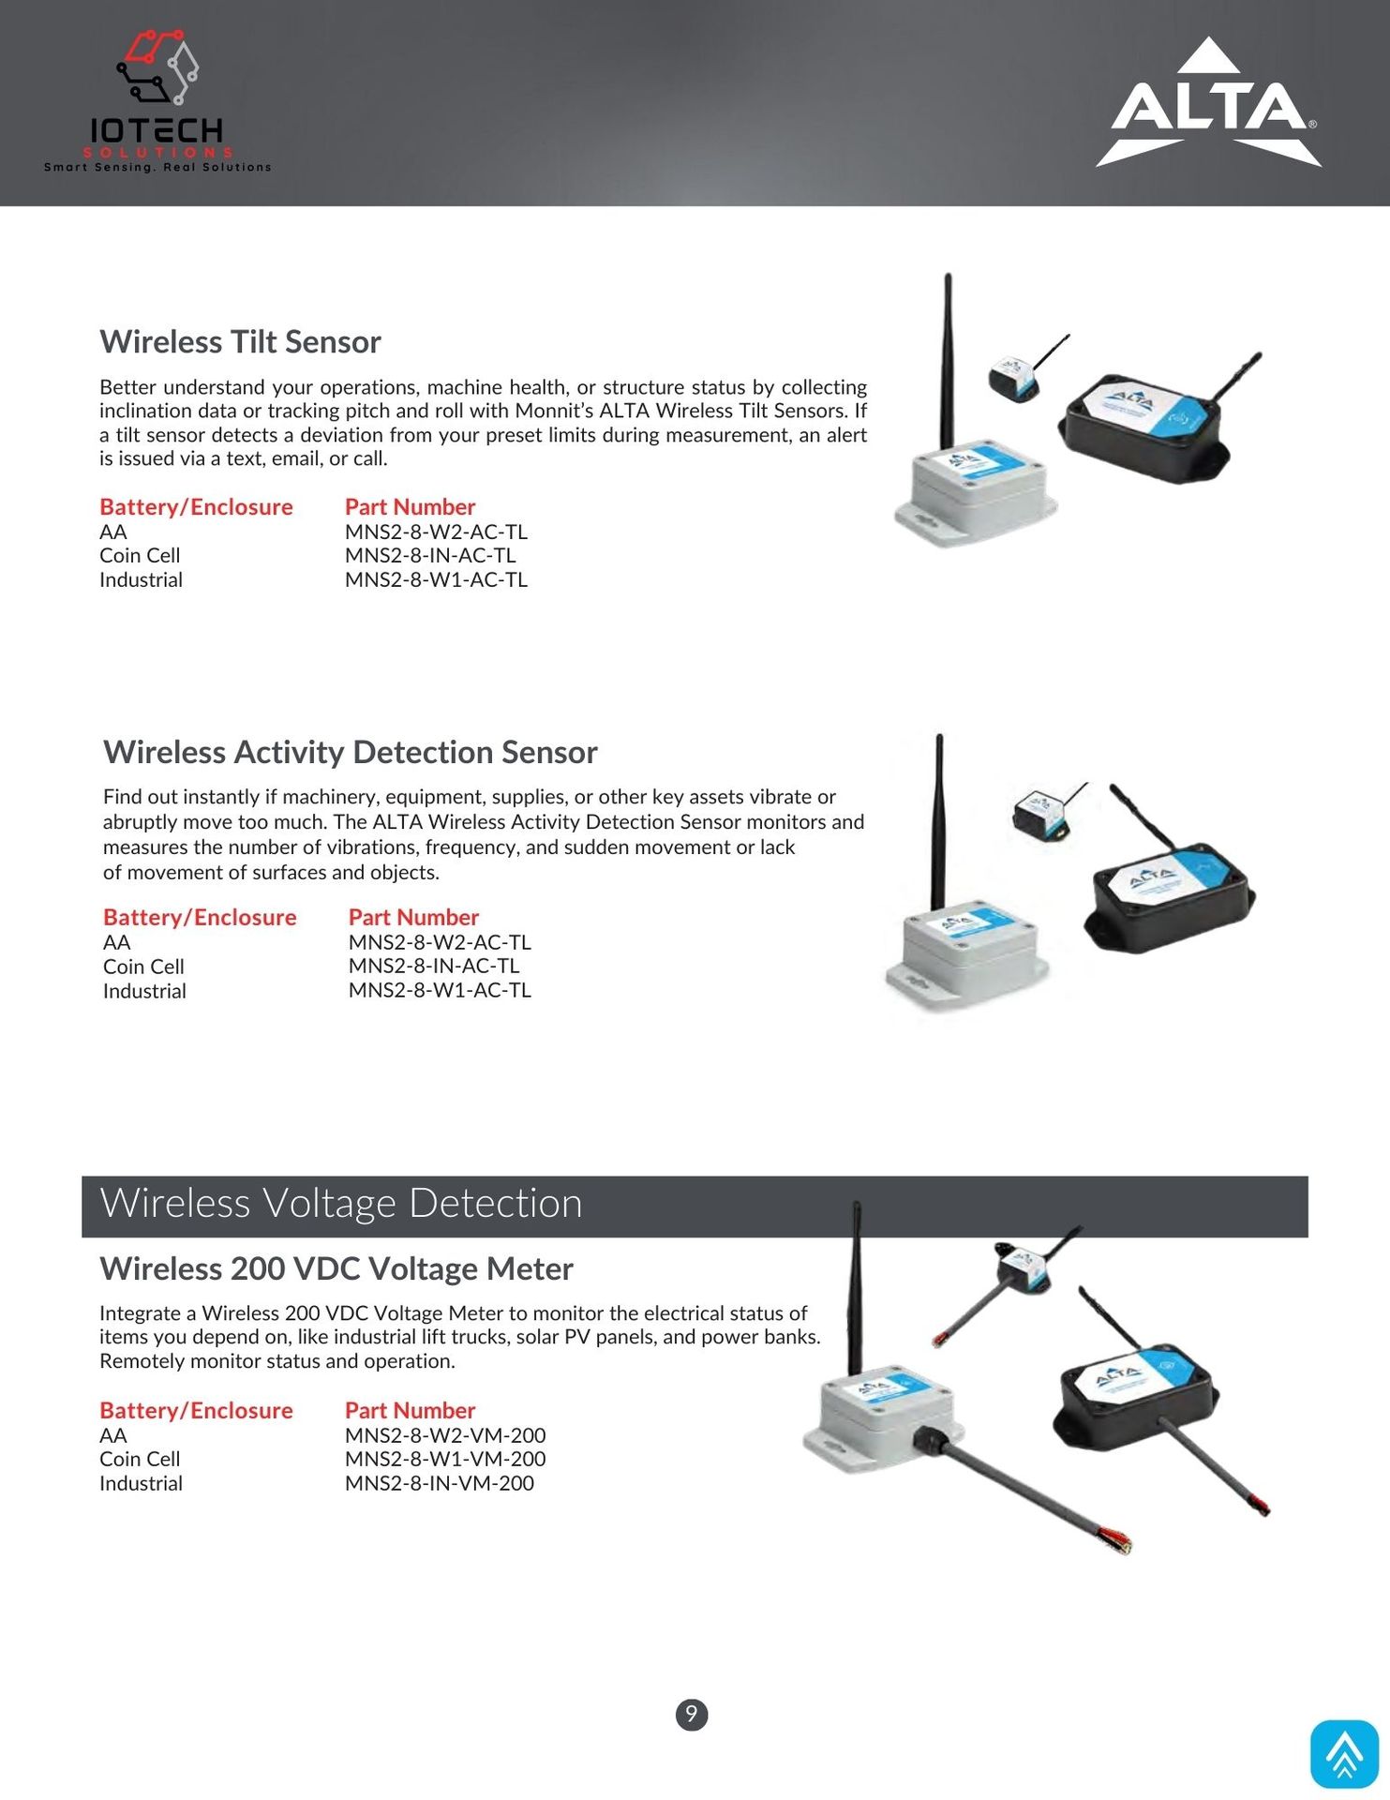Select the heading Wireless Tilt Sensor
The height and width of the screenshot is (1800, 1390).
point(240,342)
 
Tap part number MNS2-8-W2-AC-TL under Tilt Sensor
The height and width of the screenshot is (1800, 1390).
point(436,532)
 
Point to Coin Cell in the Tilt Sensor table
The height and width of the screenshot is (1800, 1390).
point(140,556)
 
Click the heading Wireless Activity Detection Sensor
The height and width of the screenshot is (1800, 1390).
point(350,753)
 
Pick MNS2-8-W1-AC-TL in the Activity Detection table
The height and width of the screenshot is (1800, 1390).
point(440,990)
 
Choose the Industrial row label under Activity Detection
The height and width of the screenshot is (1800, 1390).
point(144,991)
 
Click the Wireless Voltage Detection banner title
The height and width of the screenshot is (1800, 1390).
point(341,1204)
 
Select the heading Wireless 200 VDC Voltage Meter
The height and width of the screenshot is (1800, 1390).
point(336,1268)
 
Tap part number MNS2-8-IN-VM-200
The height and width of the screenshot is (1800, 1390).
point(439,1483)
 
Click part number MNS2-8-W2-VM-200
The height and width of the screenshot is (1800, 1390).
point(445,1435)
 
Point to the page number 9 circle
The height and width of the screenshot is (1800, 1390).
point(692,1715)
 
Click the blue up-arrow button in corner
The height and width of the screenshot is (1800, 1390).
point(1344,1754)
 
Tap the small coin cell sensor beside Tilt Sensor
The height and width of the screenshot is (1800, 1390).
point(1014,380)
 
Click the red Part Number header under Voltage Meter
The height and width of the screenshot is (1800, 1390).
point(410,1410)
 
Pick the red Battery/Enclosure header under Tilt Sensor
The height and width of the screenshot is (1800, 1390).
point(196,507)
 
